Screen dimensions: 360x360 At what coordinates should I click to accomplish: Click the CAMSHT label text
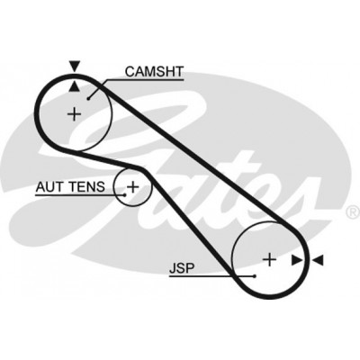154,72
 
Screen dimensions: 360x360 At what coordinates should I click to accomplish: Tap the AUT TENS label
70,187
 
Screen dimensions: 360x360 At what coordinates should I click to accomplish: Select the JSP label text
182,268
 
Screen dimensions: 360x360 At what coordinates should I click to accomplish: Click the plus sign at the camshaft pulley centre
74,114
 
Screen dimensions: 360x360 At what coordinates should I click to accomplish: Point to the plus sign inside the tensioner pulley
132,187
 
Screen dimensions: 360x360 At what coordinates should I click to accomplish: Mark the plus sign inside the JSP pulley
269,259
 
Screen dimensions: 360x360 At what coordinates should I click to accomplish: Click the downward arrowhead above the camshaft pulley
75,66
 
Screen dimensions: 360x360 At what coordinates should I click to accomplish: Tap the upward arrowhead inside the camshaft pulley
75,86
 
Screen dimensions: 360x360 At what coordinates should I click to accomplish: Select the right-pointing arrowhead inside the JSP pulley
297,260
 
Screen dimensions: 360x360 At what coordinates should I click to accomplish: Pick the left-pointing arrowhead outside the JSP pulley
318,260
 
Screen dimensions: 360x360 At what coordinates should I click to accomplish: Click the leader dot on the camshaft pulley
88,98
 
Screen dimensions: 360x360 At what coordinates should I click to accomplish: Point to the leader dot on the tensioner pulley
125,195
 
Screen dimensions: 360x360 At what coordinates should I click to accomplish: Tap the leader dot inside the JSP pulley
255,276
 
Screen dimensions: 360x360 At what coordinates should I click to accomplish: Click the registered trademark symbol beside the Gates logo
353,211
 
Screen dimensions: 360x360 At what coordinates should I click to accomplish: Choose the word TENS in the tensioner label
87,187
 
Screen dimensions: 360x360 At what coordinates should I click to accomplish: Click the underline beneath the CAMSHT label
145,80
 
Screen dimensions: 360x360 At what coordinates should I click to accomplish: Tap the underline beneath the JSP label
211,276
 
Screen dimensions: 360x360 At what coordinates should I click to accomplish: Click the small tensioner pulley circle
113,187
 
